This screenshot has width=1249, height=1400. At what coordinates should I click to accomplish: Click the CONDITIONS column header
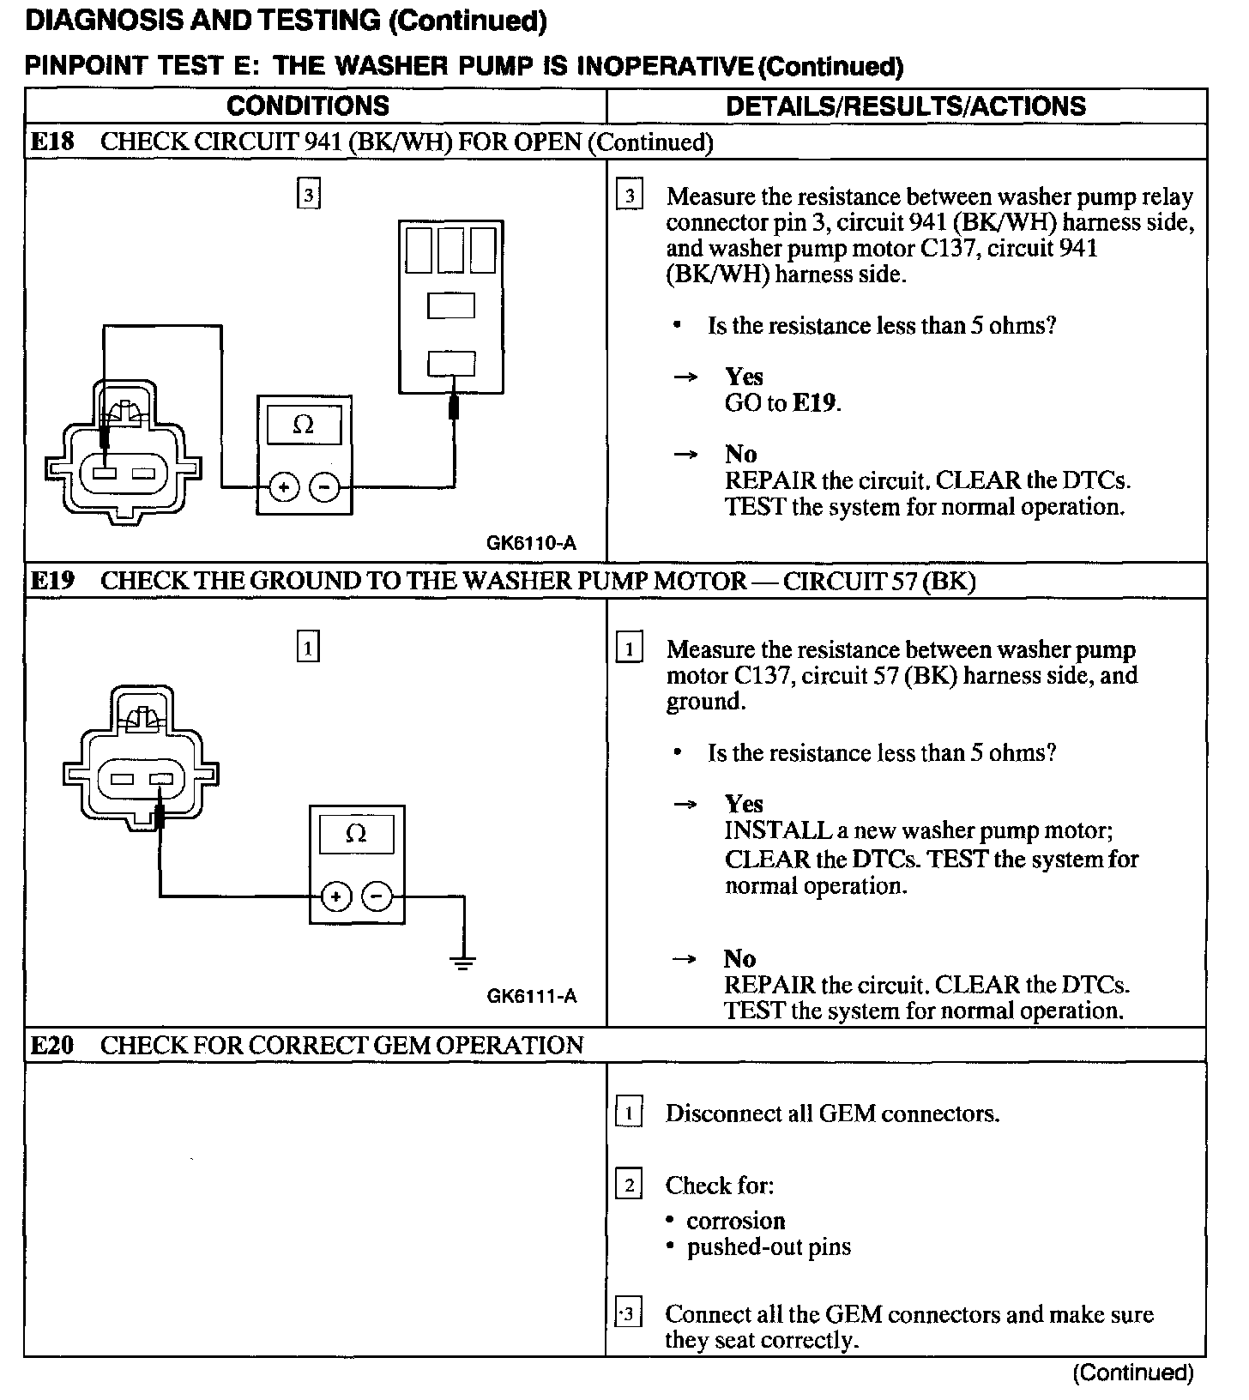click(307, 106)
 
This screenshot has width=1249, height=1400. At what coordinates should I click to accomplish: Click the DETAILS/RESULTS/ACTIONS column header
click(905, 106)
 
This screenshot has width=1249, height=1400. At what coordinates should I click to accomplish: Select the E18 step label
click(52, 142)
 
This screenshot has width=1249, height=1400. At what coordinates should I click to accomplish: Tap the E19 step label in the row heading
click(52, 581)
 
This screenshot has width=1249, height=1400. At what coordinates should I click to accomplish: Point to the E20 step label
click(52, 1045)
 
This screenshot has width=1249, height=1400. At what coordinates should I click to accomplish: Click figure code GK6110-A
click(531, 543)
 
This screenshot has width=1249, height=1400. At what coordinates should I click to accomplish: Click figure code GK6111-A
click(532, 996)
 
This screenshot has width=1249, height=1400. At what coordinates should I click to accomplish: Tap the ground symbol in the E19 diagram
click(463, 961)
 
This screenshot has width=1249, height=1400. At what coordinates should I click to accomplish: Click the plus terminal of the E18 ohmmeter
click(284, 488)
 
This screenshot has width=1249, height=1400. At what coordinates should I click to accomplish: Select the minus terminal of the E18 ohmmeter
click(324, 488)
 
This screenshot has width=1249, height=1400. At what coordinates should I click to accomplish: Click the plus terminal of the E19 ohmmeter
click(336, 897)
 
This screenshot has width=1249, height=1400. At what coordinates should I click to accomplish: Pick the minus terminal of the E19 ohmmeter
click(377, 897)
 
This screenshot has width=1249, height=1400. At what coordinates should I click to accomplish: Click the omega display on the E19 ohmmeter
click(356, 834)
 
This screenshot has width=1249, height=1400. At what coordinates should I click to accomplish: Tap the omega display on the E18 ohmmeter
click(304, 425)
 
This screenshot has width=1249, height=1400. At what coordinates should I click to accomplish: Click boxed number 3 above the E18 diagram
click(308, 196)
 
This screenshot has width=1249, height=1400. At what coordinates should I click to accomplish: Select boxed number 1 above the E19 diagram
click(308, 647)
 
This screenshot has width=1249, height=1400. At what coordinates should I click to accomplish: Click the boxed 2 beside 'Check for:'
click(629, 1186)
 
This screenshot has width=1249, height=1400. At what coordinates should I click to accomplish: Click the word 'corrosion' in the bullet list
click(736, 1221)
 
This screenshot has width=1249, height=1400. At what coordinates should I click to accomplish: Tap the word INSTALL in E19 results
click(778, 830)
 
